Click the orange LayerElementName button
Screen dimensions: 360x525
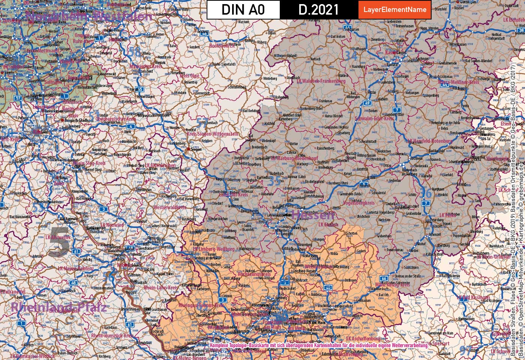[395, 10]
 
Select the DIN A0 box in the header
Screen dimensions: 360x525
[243, 10]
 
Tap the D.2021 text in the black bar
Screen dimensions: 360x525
[318, 10]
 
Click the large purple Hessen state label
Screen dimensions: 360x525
[312, 215]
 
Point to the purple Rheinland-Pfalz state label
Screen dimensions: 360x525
[58, 307]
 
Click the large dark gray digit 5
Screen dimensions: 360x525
[59, 242]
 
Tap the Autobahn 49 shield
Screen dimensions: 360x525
[367, 103]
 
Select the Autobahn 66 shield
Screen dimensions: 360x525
[384, 278]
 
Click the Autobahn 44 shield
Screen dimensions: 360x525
[445, 85]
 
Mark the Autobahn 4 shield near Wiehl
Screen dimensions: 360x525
[130, 127]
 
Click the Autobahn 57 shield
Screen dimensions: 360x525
[18, 98]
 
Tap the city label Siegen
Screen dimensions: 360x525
[196, 149]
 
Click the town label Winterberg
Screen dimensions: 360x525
[270, 79]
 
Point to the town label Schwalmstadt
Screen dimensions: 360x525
[367, 142]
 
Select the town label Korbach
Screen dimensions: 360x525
[315, 59]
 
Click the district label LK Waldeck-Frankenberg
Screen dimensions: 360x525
[321, 81]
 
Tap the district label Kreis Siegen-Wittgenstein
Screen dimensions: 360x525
[212, 133]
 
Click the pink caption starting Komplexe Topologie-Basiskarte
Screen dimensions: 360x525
[319, 345]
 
